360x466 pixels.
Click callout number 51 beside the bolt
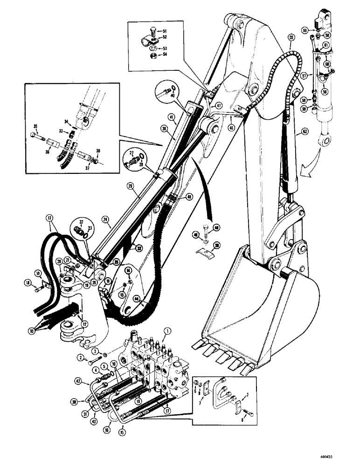(164, 32)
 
